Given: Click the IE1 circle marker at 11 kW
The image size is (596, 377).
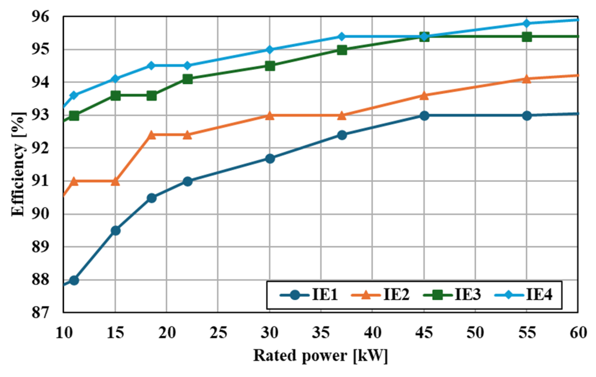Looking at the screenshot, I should tap(74, 280).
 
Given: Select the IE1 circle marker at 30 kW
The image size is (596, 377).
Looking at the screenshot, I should tap(270, 159).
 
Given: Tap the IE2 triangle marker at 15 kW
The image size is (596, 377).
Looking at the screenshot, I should tap(115, 182).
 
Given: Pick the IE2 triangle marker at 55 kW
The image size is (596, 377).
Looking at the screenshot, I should tap(527, 79).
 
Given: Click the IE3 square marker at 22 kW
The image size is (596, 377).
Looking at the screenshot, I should tap(187, 79).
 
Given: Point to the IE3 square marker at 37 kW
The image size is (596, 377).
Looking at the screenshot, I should tap(342, 50).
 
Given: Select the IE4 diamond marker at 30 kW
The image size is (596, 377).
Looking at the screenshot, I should tap(270, 50).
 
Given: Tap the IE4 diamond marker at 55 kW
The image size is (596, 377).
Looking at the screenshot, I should tap(527, 23).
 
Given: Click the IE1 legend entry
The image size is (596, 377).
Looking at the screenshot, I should tap(310, 295).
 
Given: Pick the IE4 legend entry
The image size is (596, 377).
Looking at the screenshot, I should tap(524, 295).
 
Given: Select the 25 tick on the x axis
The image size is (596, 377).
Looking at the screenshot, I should tap(218, 333).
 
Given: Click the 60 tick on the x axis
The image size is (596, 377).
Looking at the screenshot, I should tap(578, 333).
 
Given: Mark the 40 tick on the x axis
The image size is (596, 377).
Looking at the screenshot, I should tap(372, 333).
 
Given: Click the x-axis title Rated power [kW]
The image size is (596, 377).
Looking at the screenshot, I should tap(320, 356).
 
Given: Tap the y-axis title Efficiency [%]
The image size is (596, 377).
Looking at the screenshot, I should tap(18, 164).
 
